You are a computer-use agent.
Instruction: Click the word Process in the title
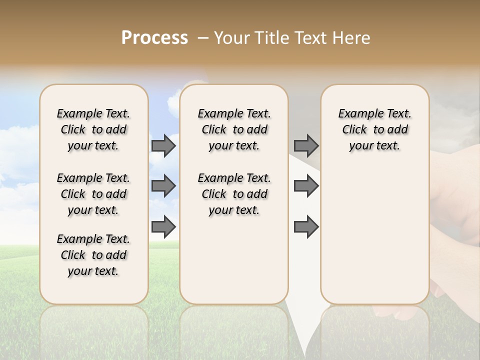tap(154, 38)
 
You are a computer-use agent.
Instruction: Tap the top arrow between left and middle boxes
tap(163, 145)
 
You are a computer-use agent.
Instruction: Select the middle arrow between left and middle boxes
tap(163, 186)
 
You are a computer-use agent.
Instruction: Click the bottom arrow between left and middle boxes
tap(163, 227)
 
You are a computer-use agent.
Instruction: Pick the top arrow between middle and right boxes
tap(306, 145)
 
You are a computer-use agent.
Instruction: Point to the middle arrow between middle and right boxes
tap(306, 186)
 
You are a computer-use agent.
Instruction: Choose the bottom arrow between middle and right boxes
tap(306, 227)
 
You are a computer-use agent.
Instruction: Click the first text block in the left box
tap(93, 129)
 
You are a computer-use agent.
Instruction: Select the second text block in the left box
tap(93, 194)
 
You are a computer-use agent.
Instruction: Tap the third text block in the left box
tap(93, 255)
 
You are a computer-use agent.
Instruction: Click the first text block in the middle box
tap(234, 129)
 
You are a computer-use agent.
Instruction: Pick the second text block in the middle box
tap(234, 194)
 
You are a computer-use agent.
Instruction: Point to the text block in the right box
tap(374, 129)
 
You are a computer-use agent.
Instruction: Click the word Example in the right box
tap(357, 114)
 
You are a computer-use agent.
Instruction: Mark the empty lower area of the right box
tap(374, 235)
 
